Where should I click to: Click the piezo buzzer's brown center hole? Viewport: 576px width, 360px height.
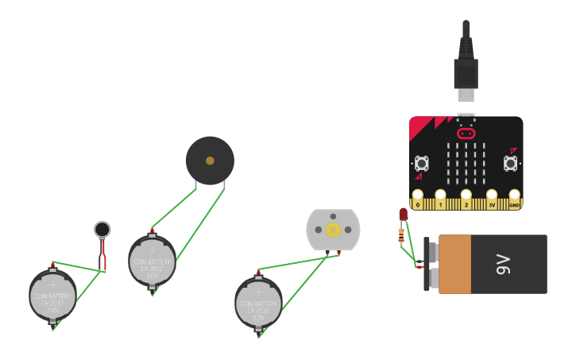click(x=210, y=161)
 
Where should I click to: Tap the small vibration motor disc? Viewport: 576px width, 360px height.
click(x=102, y=230)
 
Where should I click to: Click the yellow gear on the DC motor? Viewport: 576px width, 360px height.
click(x=333, y=230)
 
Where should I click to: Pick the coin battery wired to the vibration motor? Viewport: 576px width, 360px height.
click(x=53, y=296)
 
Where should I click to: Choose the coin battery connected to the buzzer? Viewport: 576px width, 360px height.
click(x=153, y=261)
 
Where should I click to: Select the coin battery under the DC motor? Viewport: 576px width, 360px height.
click(x=258, y=303)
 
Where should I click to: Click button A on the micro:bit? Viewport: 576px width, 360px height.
click(x=422, y=164)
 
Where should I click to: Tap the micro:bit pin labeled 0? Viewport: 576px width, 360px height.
click(x=418, y=195)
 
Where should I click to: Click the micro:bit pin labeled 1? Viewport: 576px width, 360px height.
click(x=441, y=195)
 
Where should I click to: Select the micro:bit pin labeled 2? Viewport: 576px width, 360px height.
click(x=466, y=195)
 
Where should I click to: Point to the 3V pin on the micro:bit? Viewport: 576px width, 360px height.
click(x=492, y=195)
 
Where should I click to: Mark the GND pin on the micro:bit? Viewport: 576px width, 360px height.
click(x=514, y=195)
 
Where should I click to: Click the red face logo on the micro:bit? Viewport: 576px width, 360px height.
click(x=466, y=134)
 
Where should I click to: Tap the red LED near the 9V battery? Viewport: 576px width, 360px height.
click(x=403, y=215)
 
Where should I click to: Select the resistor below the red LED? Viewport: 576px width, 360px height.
click(x=401, y=234)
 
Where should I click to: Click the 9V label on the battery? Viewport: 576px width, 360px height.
click(x=502, y=264)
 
